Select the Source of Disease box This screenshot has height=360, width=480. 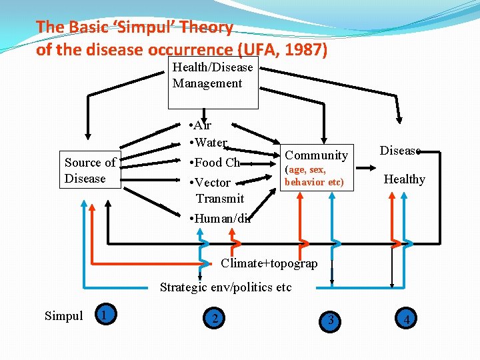pos(90,171)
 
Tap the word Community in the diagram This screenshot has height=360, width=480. pos(317,155)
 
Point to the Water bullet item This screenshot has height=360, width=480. pos(209,142)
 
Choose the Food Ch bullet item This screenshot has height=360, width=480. pos(215,163)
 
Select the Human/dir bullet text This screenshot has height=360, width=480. pos(220,218)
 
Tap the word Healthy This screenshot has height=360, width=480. pos(403,179)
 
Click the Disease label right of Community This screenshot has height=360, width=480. pos(399,151)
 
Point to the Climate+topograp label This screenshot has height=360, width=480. pos(269,263)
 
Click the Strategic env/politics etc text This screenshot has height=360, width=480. pos(225,288)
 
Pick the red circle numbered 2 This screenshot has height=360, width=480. pos(215,319)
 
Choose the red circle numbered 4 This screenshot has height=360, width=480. pos(406,319)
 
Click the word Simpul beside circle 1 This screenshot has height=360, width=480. pos(63,316)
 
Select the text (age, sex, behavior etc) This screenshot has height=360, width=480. pos(314,176)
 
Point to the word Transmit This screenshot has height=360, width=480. pos(219,199)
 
